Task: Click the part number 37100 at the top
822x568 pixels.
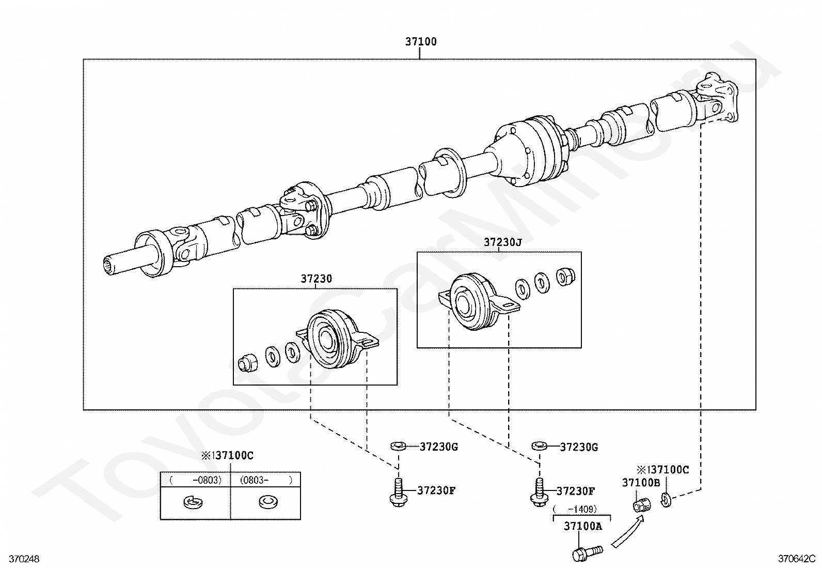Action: pos(421,41)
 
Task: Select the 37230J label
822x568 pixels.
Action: pos(502,242)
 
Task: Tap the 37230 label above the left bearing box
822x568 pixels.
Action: pos(317,279)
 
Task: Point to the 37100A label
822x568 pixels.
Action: pos(583,526)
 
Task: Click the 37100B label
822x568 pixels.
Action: pos(641,482)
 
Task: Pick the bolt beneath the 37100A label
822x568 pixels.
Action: pos(587,552)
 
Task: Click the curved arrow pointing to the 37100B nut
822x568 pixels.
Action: pos(629,530)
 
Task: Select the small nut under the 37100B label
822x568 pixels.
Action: pos(642,505)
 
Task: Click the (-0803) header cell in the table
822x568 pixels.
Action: pos(196,480)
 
